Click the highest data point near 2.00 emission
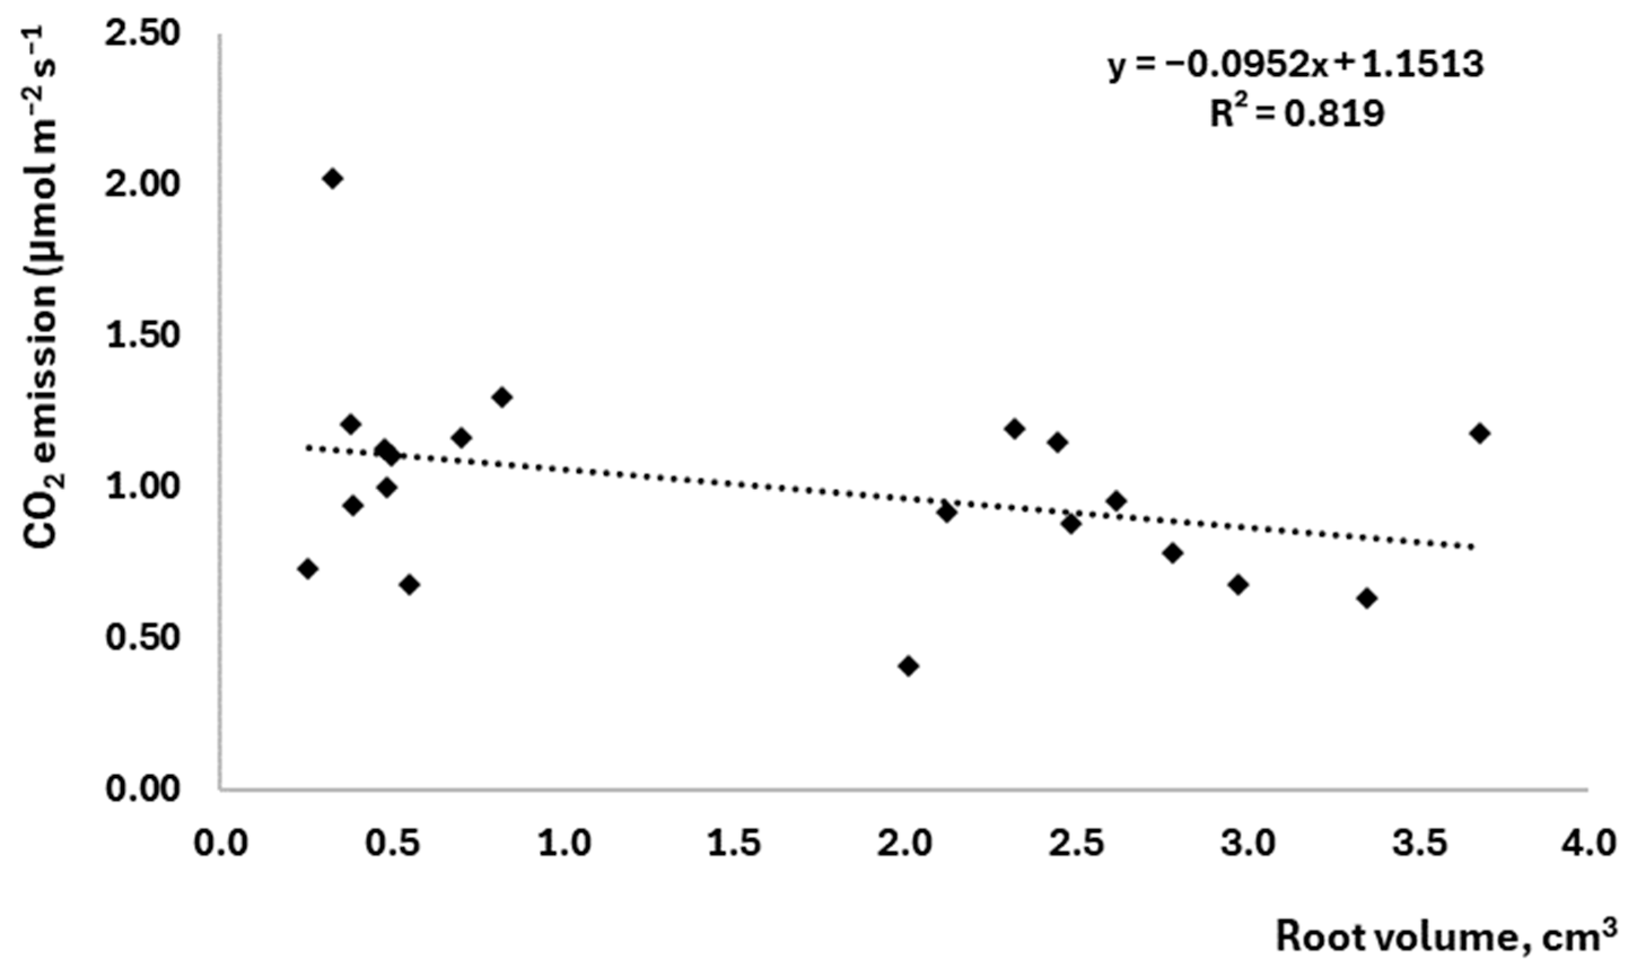pos(333,178)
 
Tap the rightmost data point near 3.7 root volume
pos(1480,433)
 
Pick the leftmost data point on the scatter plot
pos(307,568)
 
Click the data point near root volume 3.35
pos(1367,599)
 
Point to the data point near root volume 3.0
pos(1238,585)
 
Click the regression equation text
pos(1295,65)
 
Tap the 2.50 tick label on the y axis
pos(142,33)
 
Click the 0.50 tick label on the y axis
pos(142,638)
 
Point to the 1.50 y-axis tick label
pos(142,335)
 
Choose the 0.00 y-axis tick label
pos(142,788)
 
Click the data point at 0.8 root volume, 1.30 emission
pos(502,397)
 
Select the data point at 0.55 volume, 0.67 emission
pos(410,585)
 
